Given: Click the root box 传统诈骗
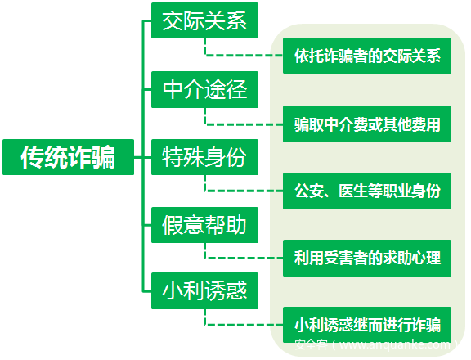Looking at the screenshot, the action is (x=68, y=157).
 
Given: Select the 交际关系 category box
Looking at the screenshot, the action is (x=204, y=20).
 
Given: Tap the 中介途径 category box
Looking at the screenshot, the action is (x=204, y=89).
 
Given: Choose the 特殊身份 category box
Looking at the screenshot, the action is (x=204, y=157).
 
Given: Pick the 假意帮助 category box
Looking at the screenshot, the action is (x=204, y=225).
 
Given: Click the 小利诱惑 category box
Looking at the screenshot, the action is (x=204, y=290).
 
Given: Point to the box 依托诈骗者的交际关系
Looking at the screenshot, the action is (x=367, y=56).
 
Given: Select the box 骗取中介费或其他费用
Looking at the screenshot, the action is (x=367, y=124).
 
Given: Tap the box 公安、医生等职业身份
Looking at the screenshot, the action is (x=367, y=191).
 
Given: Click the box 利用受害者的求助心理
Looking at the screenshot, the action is (x=367, y=258).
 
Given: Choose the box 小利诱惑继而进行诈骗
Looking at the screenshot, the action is (x=367, y=325).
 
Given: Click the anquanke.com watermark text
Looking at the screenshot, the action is (x=376, y=344).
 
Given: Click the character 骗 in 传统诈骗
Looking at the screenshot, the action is (x=104, y=157).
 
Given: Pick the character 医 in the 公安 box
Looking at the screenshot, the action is (x=345, y=191).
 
